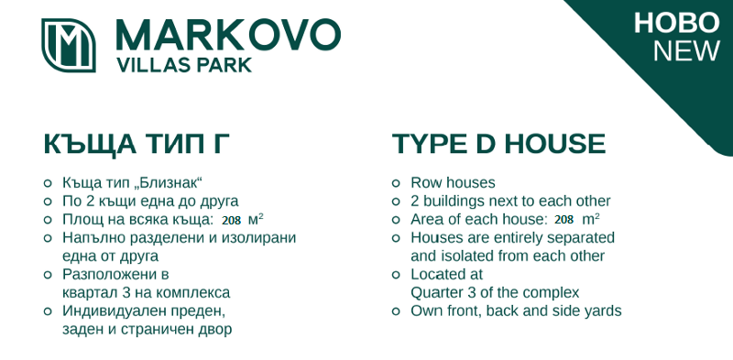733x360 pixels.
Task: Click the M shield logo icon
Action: [x=69, y=46]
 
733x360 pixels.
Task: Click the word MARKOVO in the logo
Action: [x=228, y=35]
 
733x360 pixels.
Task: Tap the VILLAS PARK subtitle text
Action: [x=184, y=65]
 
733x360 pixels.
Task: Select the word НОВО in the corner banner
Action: [x=676, y=23]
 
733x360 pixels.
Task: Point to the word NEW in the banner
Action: [x=686, y=51]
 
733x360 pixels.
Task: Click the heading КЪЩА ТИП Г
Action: [x=137, y=144]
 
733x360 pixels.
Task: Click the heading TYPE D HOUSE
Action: [x=498, y=144]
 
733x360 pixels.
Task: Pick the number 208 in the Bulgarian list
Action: [x=231, y=221]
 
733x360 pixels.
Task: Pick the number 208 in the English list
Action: [x=564, y=220]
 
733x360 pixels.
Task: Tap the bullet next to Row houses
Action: [x=396, y=183]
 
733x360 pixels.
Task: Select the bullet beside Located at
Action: [x=396, y=275]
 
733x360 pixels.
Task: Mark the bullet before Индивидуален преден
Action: [x=48, y=311]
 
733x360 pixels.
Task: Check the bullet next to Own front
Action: [x=396, y=311]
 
